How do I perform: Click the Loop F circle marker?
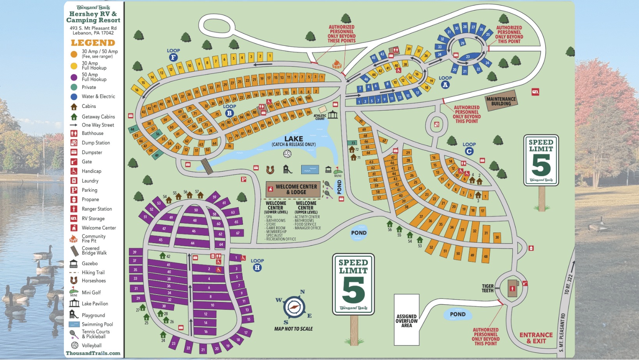click(173, 58)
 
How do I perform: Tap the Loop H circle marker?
click(257, 268)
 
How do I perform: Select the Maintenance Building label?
click(501, 101)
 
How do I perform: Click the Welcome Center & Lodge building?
click(293, 189)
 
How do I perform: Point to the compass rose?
click(294, 307)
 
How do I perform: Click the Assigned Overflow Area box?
click(406, 320)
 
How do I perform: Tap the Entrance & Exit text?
click(536, 338)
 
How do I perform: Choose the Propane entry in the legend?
click(90, 199)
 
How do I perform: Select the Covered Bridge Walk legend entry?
click(94, 251)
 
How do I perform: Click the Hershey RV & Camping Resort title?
click(93, 17)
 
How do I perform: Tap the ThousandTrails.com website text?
click(93, 353)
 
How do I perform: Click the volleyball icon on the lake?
click(287, 154)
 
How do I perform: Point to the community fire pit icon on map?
click(337, 64)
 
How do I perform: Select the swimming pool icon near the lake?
click(310, 169)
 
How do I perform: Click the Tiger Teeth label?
click(487, 288)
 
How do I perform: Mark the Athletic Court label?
click(320, 117)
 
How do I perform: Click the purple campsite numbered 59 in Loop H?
click(214, 197)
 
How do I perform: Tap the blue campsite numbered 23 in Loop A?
click(468, 57)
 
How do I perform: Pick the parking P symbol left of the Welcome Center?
click(244, 179)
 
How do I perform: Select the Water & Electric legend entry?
click(98, 97)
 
